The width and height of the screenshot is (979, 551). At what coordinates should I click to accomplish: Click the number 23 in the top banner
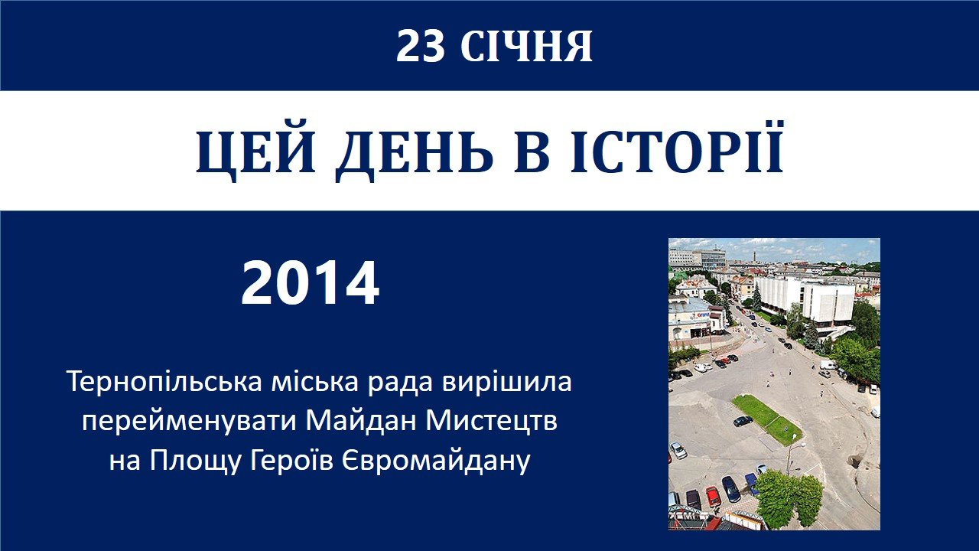point(420,47)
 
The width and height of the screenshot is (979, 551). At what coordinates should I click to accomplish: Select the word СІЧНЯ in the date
point(526,47)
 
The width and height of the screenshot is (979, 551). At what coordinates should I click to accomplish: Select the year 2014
point(310,283)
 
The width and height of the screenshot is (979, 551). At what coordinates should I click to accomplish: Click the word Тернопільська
point(164,382)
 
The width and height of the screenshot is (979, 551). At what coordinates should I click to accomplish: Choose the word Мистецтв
point(492,422)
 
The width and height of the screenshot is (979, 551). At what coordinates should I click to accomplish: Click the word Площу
point(195,461)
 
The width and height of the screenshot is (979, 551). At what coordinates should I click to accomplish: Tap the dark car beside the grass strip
point(743,421)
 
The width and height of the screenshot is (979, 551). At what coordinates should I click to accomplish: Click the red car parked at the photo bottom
point(713,497)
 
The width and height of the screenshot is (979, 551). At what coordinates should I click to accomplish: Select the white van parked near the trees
point(828,364)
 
